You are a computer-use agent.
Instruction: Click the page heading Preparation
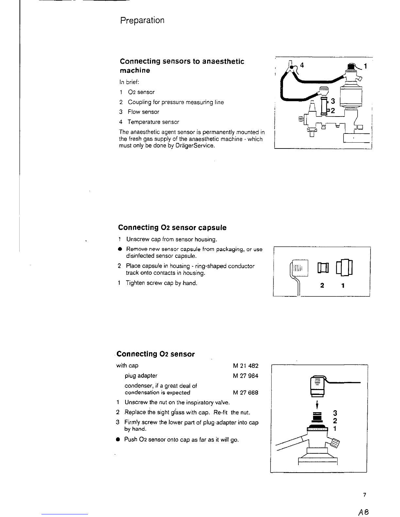tap(142, 21)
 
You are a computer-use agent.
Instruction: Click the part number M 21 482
tap(245, 366)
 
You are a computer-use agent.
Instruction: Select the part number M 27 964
tap(245, 376)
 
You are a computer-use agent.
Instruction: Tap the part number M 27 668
tap(245, 393)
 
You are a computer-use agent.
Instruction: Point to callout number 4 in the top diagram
tap(302, 65)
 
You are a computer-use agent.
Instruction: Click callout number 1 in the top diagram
tap(366, 66)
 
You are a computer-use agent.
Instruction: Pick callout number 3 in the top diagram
tap(333, 101)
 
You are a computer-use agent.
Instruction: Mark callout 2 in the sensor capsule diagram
tap(322, 286)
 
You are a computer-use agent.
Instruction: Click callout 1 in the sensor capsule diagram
tap(342, 286)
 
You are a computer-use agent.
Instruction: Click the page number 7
tap(364, 495)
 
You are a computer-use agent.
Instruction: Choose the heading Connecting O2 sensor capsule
tap(172, 227)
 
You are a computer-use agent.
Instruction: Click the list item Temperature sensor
tap(153, 122)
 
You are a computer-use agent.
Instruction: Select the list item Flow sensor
tap(143, 112)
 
